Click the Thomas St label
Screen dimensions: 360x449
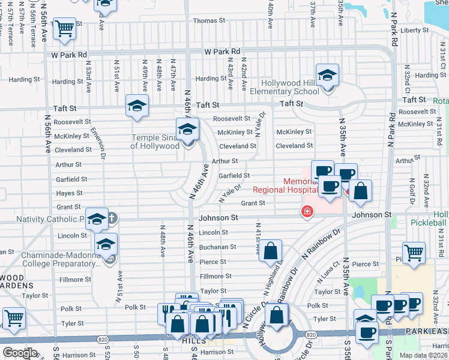[209, 20]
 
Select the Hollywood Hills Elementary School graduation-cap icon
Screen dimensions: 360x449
[328, 76]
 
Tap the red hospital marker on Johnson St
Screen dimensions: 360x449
[307, 211]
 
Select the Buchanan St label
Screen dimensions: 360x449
[217, 247]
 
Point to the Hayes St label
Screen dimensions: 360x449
[70, 193]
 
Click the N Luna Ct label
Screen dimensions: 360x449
[331, 276]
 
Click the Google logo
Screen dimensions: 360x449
[20, 353]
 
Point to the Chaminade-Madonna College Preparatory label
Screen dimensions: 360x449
[52, 259]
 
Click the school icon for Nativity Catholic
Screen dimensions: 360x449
[97, 220]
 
